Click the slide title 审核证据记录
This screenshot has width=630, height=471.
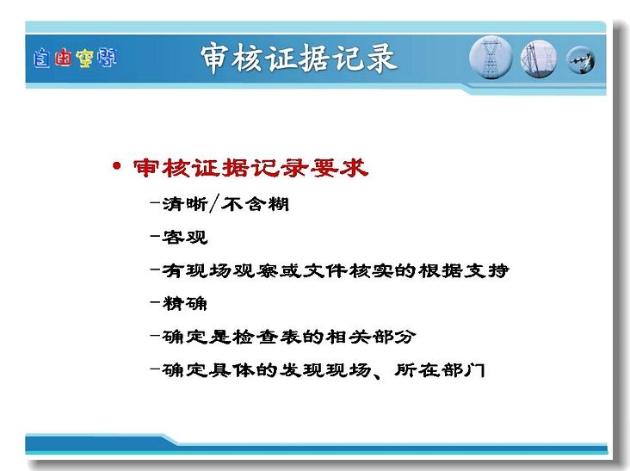299,59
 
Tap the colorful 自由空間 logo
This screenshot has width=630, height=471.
75,58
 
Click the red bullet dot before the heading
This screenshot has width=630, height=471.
116,165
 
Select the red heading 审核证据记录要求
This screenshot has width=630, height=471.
250,168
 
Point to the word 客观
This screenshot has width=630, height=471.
185,237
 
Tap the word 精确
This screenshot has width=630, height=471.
185,303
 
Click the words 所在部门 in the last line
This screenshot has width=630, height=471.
440,369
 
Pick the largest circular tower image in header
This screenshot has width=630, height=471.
491,58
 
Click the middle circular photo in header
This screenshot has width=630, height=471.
539,59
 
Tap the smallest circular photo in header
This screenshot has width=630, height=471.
581,60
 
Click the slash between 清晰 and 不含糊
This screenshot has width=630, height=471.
214,204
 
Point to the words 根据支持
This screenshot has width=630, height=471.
464,270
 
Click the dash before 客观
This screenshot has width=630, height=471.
155,236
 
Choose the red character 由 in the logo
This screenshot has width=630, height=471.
63,58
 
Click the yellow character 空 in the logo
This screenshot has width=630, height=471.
84,59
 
